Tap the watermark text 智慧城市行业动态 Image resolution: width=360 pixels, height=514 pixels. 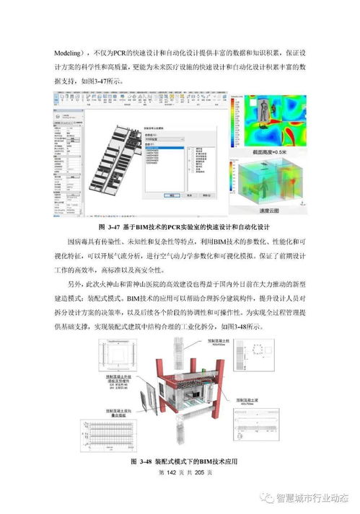[x=311, y=498]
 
